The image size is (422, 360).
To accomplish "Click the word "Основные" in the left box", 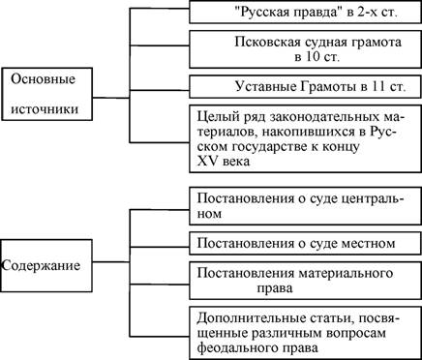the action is pyautogui.click(x=43, y=79).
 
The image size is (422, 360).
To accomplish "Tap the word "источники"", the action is pyautogui.click(x=45, y=108).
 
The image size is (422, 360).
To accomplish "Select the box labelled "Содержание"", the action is pyautogui.click(x=46, y=265).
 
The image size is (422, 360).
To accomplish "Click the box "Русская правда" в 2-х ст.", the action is pyautogui.click(x=305, y=12).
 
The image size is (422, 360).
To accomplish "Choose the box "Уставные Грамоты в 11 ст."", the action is pyautogui.click(x=305, y=87).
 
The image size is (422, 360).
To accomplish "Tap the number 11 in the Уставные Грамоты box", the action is pyautogui.click(x=377, y=87).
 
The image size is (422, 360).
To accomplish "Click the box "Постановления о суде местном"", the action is pyautogui.click(x=305, y=243).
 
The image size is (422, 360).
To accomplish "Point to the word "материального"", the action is pyautogui.click(x=346, y=274).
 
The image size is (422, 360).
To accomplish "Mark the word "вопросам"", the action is pyautogui.click(x=356, y=334).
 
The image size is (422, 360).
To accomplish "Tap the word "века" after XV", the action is pyautogui.click(x=235, y=161).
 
